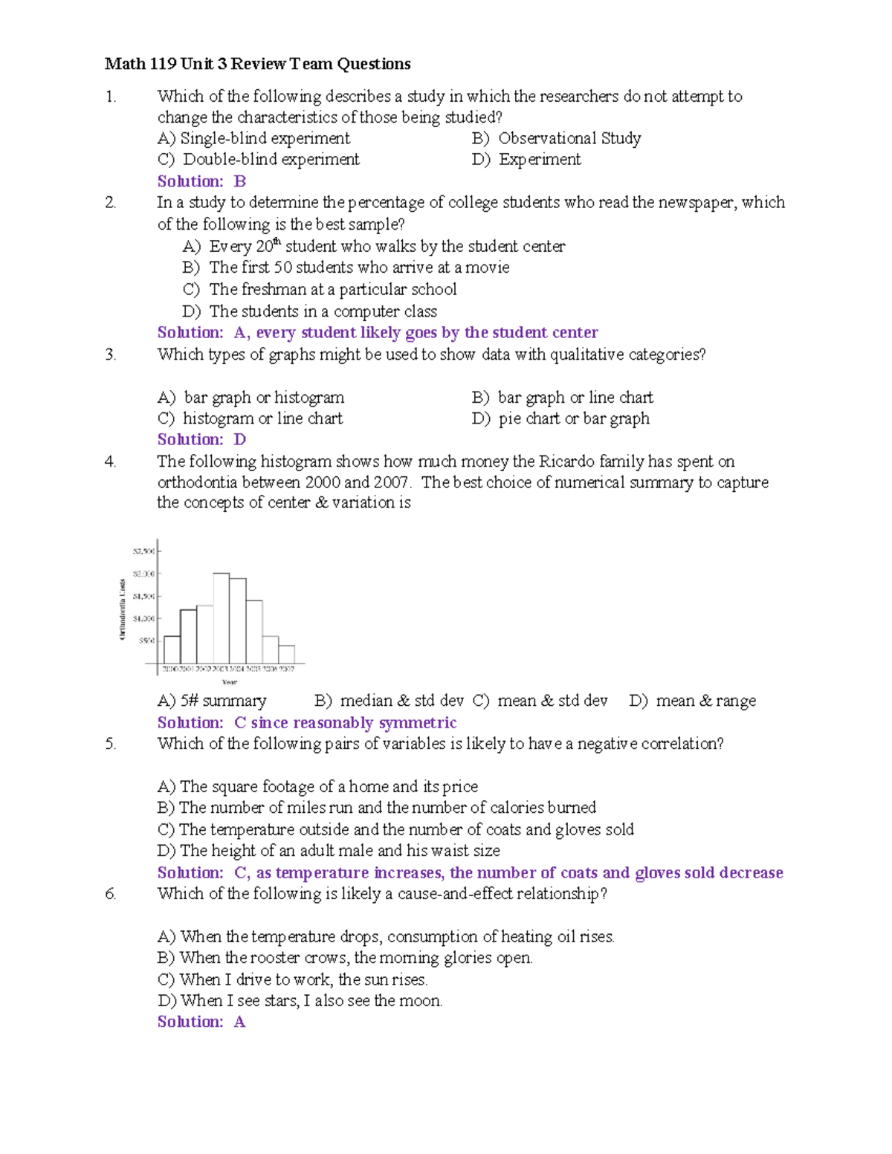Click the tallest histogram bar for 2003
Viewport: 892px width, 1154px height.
click(221, 618)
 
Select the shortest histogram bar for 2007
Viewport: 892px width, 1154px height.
click(286, 655)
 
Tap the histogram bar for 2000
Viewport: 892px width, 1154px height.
click(172, 649)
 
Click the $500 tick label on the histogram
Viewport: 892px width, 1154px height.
click(146, 641)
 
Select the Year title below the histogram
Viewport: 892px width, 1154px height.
click(229, 682)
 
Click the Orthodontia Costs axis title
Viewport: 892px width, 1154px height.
click(122, 609)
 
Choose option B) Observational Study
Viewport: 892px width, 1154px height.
click(556, 138)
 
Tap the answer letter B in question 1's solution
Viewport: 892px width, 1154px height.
click(239, 181)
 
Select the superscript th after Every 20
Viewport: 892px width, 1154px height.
click(278, 242)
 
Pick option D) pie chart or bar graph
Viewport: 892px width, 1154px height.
click(560, 418)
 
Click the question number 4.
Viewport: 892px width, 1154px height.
click(110, 461)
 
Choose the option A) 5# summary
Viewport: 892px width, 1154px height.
click(212, 701)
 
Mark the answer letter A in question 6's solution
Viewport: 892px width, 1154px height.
click(239, 1022)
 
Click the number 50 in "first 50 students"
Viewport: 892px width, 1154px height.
click(282, 268)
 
